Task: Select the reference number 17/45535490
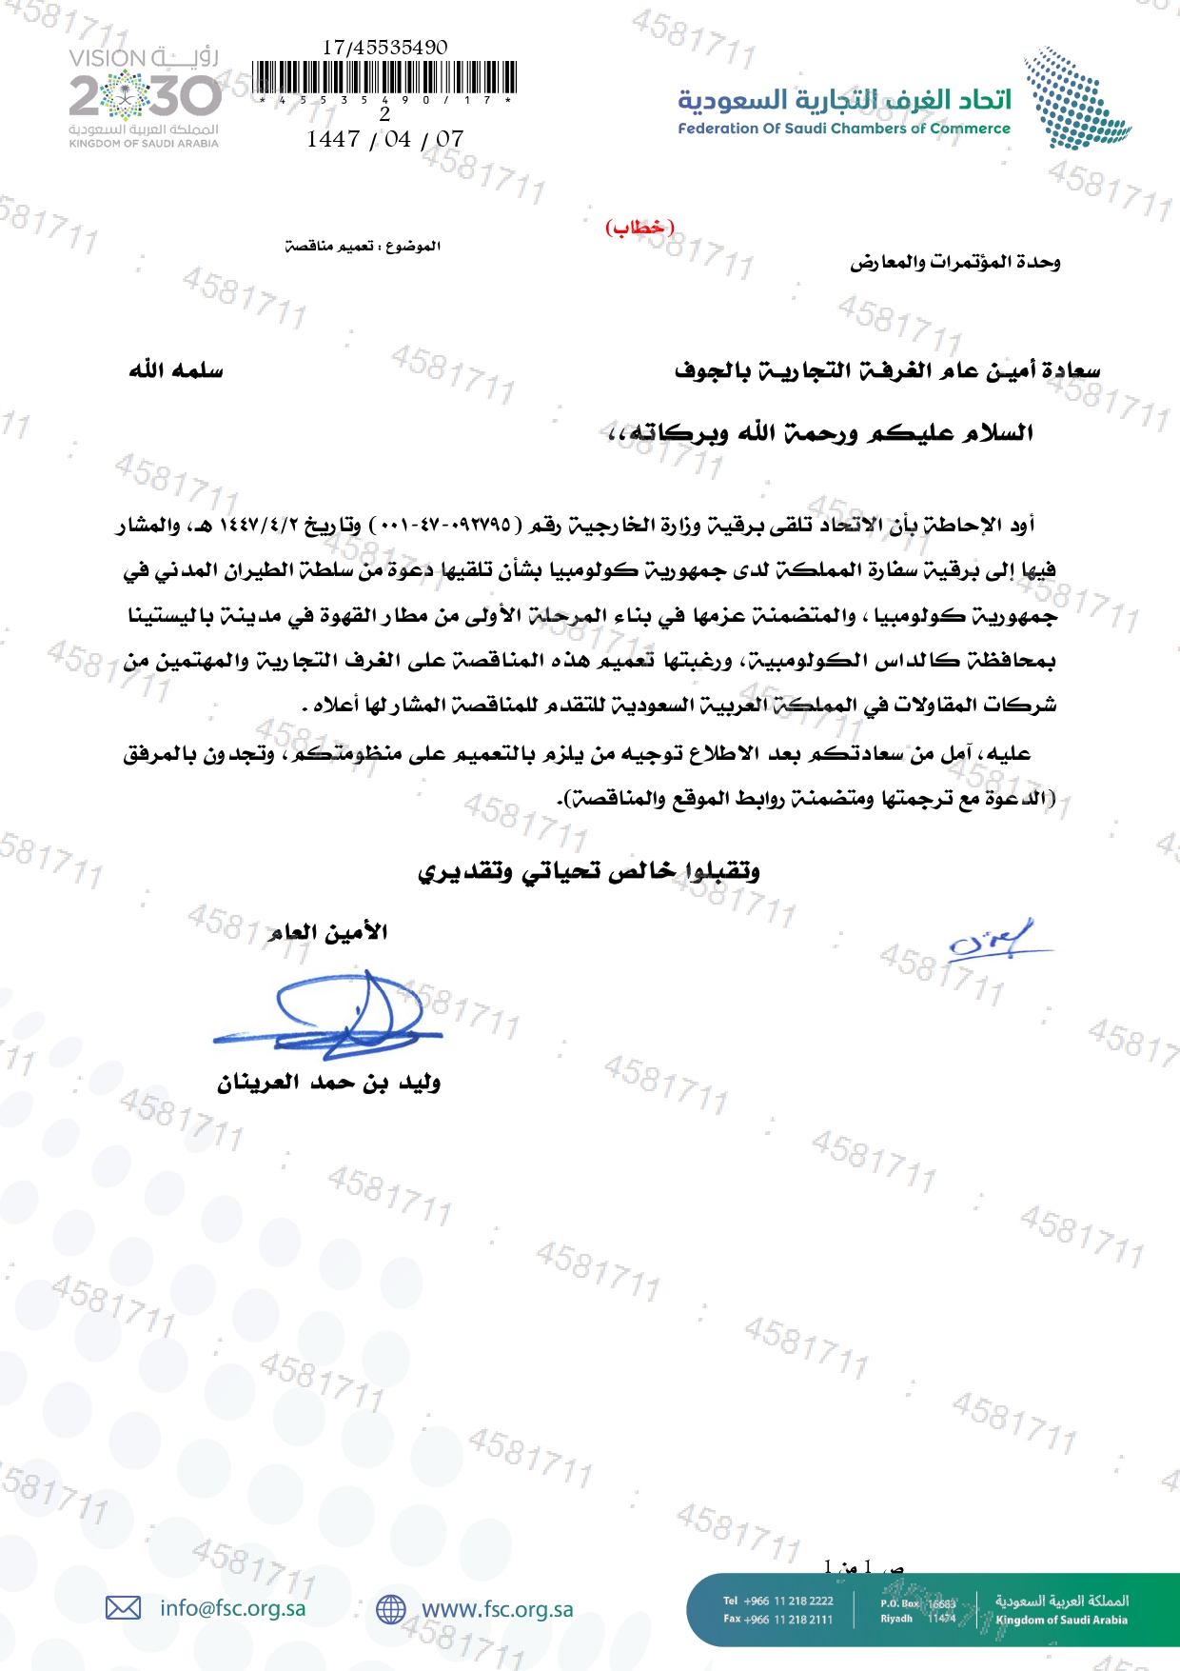[x=384, y=48]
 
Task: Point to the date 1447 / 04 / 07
[x=384, y=139]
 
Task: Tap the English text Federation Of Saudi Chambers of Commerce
[x=844, y=129]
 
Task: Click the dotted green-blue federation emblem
[x=1076, y=98]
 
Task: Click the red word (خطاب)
[x=639, y=228]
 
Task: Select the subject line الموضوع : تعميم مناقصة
[x=363, y=247]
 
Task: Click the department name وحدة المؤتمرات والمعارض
[x=954, y=262]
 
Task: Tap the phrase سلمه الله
[x=176, y=370]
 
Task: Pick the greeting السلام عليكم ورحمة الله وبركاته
[x=820, y=434]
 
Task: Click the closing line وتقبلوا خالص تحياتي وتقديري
[x=588, y=871]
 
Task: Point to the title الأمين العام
[x=328, y=932]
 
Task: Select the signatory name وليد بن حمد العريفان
[x=328, y=1083]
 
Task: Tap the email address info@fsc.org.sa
[x=233, y=1608]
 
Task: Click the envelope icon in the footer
[x=123, y=1608]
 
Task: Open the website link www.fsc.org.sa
[x=497, y=1609]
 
